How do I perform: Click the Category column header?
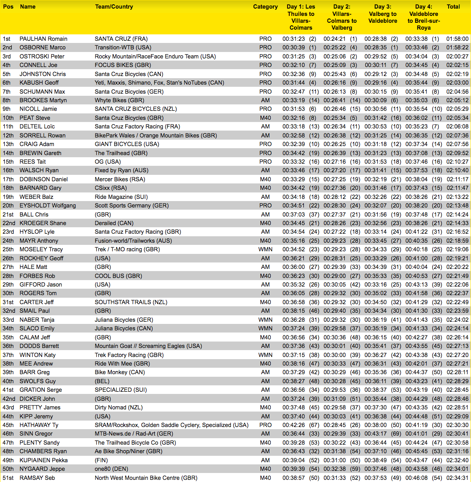[265, 7]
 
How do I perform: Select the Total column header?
[453, 7]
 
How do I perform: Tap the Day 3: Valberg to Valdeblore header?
[382, 14]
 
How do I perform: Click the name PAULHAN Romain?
[43, 39]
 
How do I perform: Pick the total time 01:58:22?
[457, 48]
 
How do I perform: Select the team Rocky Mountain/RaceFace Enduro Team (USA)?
[155, 56]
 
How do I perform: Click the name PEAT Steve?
[35, 118]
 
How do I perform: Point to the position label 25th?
[8, 249]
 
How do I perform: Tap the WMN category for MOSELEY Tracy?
[265, 249]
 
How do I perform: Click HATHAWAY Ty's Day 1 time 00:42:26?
[294, 425]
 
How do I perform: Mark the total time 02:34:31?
[457, 478]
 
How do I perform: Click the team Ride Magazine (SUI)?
[121, 197]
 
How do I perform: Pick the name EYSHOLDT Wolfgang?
[48, 205]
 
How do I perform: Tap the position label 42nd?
[9, 399]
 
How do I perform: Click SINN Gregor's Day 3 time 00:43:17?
[376, 434]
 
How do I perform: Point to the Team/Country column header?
[114, 7]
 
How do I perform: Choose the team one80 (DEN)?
[111, 469]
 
